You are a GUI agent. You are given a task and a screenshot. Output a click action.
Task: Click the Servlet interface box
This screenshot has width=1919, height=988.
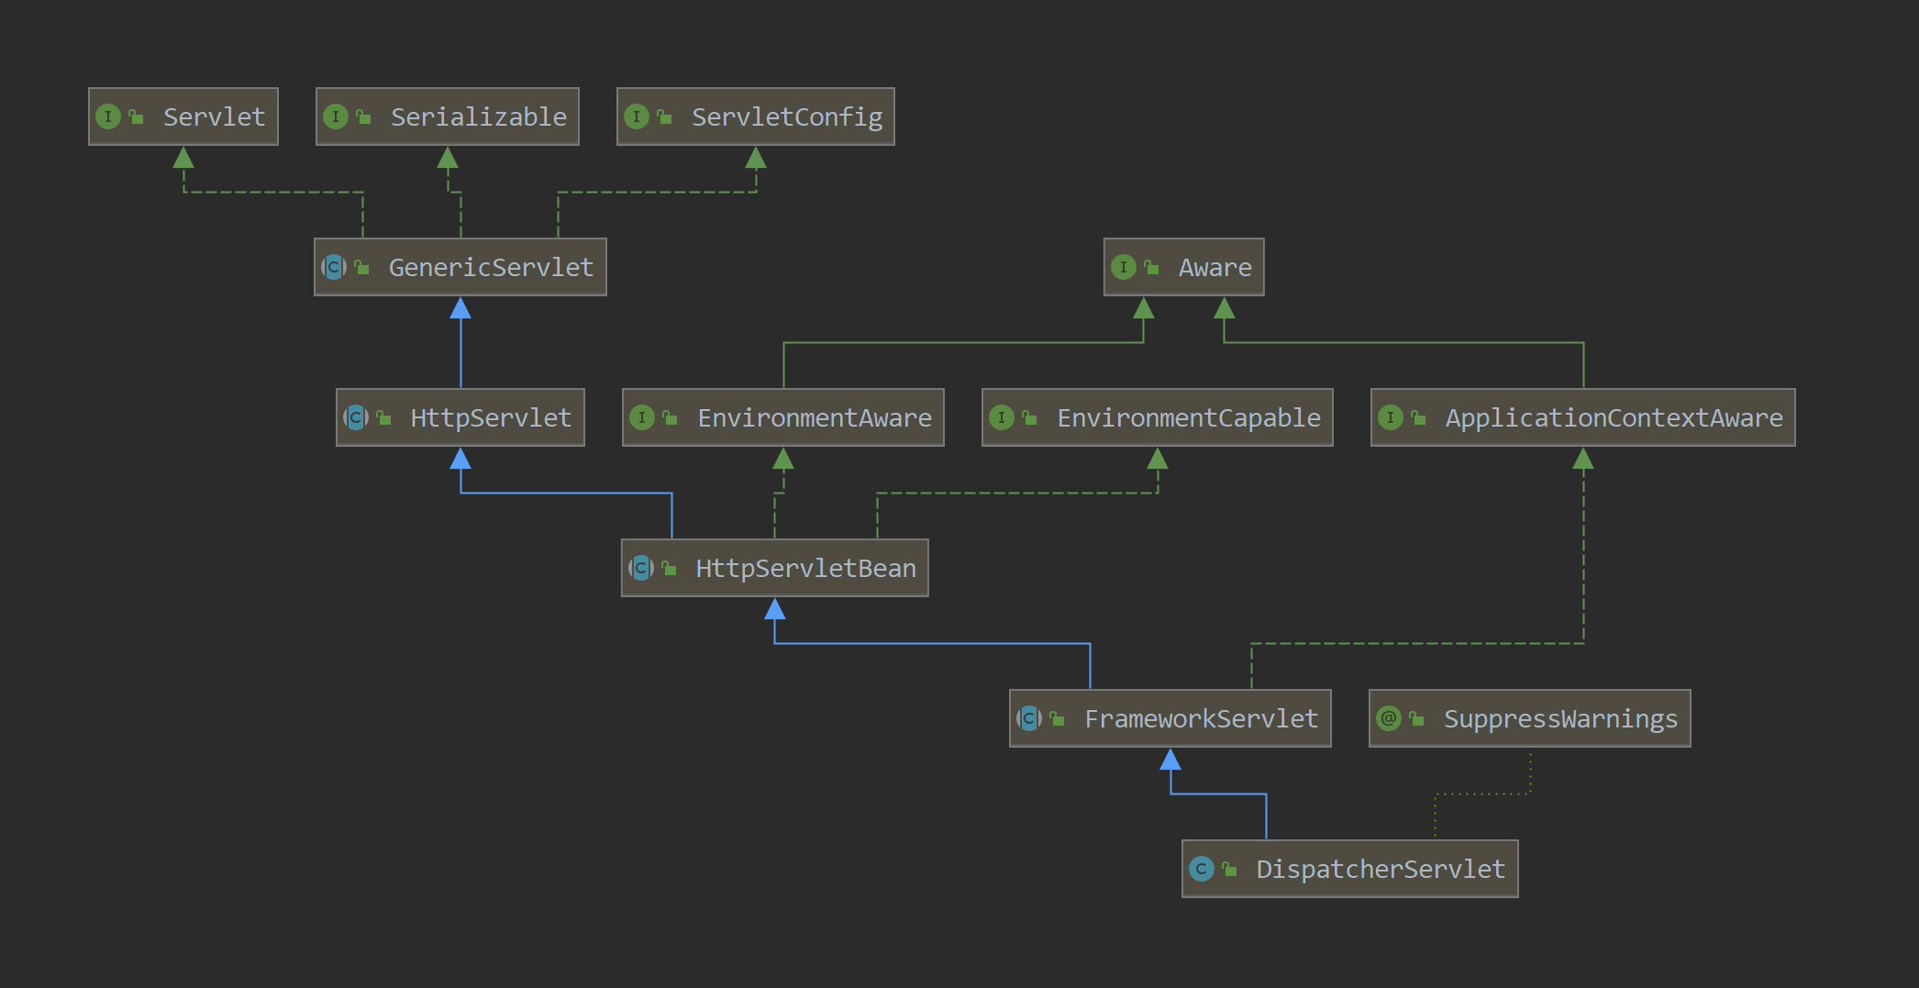click(183, 117)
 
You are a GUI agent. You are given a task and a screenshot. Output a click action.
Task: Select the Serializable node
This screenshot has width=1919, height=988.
click(448, 117)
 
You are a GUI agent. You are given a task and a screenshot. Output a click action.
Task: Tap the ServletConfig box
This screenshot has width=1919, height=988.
click(756, 117)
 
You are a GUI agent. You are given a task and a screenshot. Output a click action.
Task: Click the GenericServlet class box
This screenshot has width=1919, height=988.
click(460, 267)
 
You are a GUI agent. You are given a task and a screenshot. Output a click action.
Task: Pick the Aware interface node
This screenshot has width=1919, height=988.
click(1184, 267)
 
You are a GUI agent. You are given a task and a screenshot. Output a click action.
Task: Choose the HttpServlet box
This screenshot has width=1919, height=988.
click(460, 417)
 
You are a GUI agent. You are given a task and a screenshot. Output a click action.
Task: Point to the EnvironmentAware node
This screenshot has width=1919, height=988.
click(783, 417)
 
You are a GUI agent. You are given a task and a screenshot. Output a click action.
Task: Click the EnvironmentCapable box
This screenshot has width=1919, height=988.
click(1158, 417)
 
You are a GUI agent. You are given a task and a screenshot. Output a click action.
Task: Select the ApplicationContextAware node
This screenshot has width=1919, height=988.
click(1583, 417)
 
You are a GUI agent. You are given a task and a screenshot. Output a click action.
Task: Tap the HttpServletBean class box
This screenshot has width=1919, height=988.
click(775, 568)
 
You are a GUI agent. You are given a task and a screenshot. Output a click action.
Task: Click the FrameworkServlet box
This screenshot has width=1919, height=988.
click(1170, 718)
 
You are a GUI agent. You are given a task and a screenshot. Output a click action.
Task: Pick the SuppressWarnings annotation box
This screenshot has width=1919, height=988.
click(1530, 718)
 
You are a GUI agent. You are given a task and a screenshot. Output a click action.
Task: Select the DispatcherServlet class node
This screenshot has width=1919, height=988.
click(1350, 869)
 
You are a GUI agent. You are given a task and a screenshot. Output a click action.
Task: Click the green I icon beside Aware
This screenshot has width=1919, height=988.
click(1124, 267)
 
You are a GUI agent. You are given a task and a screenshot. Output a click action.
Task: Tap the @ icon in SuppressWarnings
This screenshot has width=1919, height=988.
click(1389, 718)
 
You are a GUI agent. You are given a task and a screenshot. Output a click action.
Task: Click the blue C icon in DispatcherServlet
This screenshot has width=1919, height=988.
click(1201, 869)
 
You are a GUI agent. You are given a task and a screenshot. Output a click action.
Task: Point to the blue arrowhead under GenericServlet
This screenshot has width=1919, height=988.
click(460, 308)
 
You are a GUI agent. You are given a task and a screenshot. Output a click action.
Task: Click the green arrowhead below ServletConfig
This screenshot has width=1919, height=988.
click(756, 158)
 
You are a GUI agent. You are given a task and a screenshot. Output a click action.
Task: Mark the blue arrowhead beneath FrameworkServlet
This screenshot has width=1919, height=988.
click(1170, 760)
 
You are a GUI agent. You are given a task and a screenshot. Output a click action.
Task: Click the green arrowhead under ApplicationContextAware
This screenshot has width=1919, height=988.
click(1583, 459)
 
